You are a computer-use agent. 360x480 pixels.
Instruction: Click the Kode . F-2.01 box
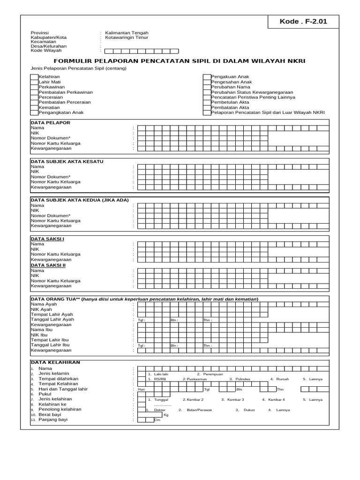click(304, 22)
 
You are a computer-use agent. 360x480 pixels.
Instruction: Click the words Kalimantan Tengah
click(127, 33)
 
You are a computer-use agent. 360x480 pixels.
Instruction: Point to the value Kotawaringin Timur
click(127, 37)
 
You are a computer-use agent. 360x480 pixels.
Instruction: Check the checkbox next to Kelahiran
click(34, 76)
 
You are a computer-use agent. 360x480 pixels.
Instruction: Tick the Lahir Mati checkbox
click(34, 82)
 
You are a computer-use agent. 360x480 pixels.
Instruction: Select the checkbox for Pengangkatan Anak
click(34, 112)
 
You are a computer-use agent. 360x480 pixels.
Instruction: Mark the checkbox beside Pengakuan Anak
click(207, 76)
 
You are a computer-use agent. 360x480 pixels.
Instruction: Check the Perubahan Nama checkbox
click(207, 87)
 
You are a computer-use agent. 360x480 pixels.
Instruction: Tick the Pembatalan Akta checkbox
click(207, 107)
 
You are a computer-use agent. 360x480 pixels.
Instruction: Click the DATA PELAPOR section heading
click(50, 122)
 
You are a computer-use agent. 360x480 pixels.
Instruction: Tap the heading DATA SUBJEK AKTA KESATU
click(67, 161)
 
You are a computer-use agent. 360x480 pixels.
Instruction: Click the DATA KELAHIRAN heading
click(55, 362)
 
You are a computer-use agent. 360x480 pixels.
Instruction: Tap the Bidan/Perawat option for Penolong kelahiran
click(200, 410)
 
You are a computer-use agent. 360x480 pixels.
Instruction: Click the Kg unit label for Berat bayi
click(166, 415)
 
